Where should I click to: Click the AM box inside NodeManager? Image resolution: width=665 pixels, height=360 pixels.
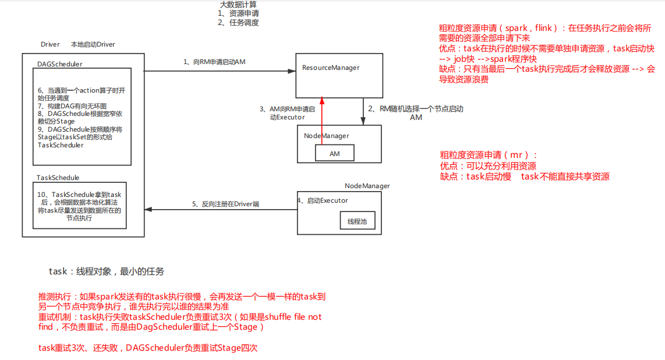pos(335,153)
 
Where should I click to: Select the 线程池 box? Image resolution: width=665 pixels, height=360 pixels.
pos(358,221)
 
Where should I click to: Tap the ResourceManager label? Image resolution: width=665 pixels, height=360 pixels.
pos(331,68)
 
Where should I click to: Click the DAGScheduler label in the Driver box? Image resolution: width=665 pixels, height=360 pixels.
pos(59,64)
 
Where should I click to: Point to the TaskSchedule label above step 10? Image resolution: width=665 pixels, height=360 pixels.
pos(58,178)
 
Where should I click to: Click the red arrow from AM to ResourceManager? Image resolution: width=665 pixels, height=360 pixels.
pos(321,122)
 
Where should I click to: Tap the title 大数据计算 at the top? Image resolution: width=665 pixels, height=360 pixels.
pos(238,5)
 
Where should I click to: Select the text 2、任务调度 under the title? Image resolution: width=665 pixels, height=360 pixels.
pos(238,23)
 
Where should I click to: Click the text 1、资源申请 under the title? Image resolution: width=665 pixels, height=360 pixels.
pos(238,13)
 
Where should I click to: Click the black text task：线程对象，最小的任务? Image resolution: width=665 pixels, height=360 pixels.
pos(107,271)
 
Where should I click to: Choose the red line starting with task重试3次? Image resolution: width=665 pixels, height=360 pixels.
pos(148,348)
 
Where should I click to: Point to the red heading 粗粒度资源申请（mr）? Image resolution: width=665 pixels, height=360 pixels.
pos(489,155)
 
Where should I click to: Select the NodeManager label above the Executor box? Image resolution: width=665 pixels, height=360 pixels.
pos(367,186)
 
